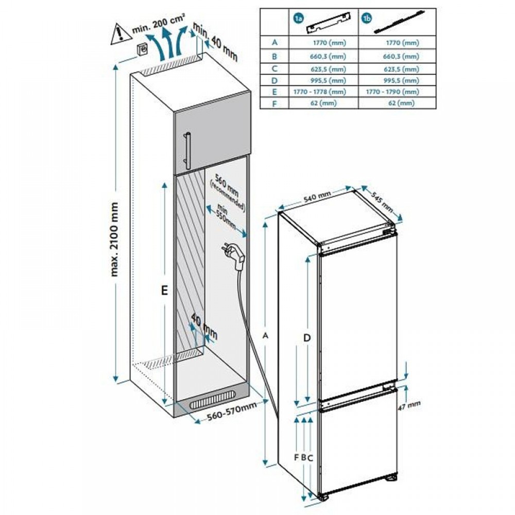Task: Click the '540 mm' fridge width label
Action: coord(316,196)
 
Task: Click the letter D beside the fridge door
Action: coord(307,338)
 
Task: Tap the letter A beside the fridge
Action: coord(266,335)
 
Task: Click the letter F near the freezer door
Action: coord(296,457)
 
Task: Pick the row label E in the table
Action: coord(276,91)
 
